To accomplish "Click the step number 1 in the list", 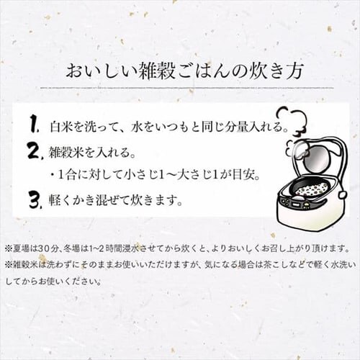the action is tap(35, 124).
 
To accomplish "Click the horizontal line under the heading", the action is tap(187, 88).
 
